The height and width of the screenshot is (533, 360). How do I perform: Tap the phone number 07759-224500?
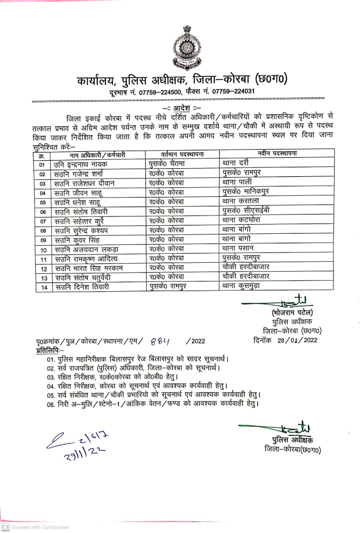[x=160, y=92]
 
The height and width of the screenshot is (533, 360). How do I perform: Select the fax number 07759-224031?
[x=233, y=91]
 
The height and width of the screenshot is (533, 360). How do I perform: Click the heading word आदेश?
[x=181, y=108]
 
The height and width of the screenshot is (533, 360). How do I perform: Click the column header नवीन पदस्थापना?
[x=277, y=153]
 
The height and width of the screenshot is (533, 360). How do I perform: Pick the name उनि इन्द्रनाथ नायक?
[x=80, y=164]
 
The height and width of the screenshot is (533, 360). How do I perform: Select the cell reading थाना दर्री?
[x=236, y=163]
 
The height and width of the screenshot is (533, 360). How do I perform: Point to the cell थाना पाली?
[x=237, y=182]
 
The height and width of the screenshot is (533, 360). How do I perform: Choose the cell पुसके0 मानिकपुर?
[x=246, y=191]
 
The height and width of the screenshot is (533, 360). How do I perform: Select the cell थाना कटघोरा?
[x=241, y=220]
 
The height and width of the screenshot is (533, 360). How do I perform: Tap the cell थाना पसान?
[x=238, y=248]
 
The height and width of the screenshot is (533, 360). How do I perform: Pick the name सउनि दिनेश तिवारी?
[x=82, y=287]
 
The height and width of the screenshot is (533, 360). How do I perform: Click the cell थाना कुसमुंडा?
[x=241, y=285]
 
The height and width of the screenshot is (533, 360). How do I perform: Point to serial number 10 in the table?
[x=44, y=250]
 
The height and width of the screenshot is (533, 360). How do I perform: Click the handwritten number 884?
[x=160, y=341]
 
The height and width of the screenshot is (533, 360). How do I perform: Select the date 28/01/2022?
[x=297, y=340]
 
